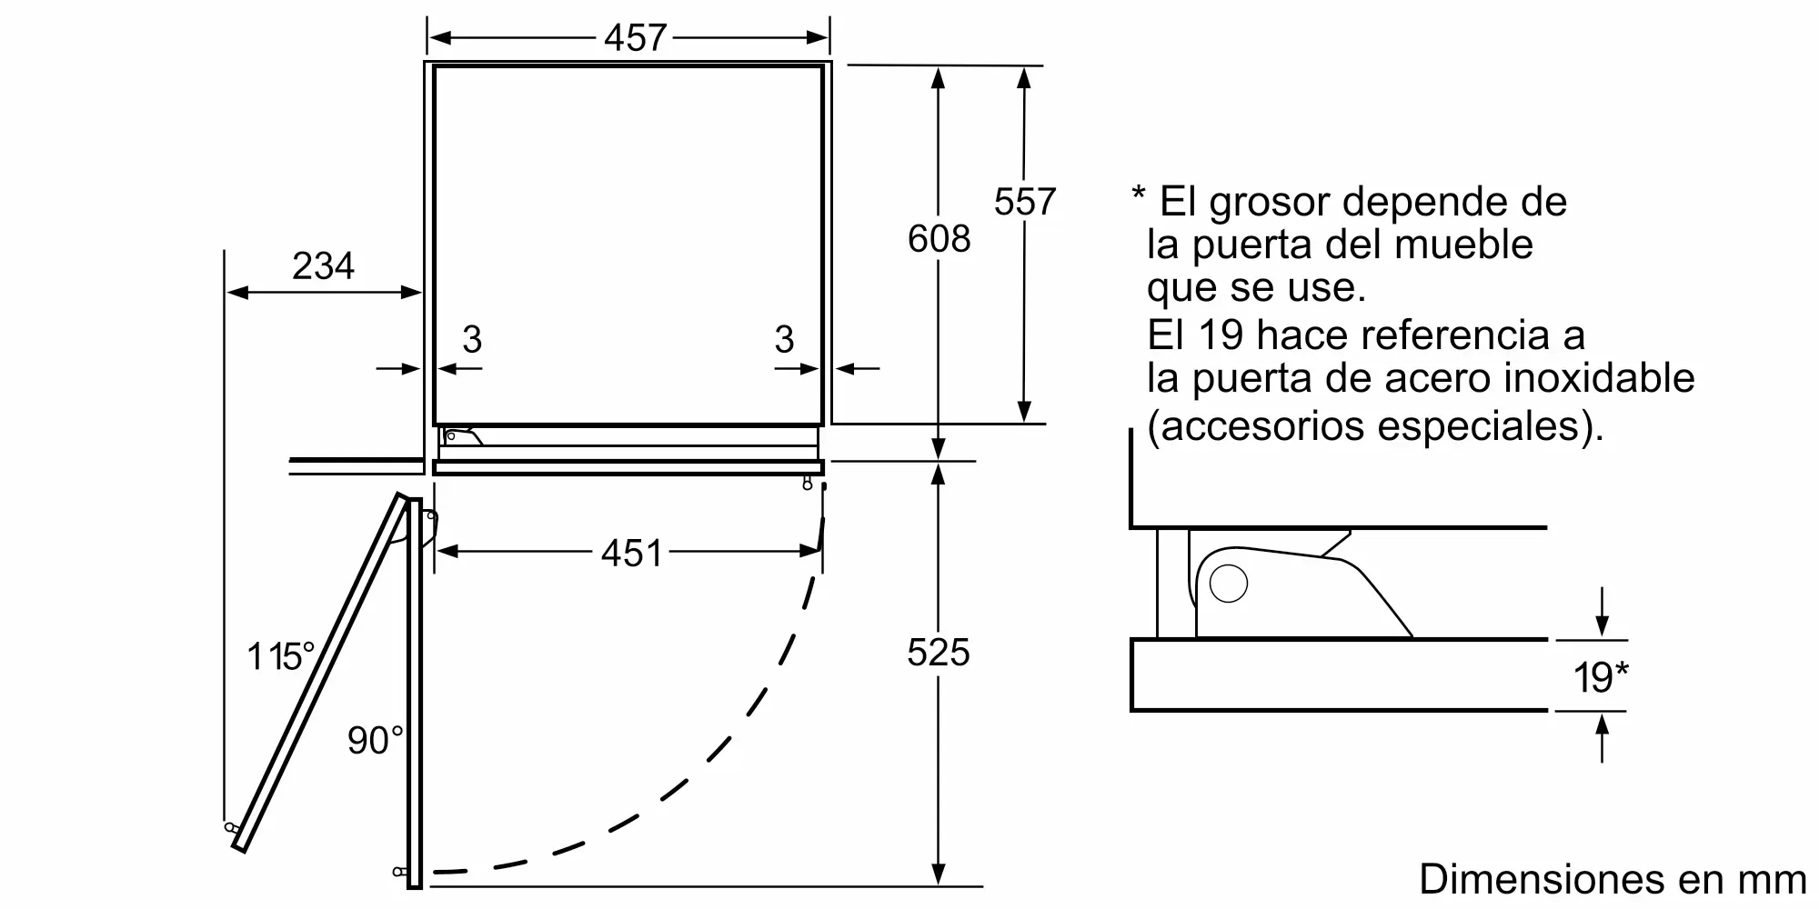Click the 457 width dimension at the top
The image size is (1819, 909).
[x=636, y=38]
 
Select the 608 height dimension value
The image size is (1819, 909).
[x=940, y=239]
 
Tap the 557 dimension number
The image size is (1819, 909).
[x=1025, y=202]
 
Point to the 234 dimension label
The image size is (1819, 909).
[x=323, y=266]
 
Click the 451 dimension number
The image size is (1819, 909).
[x=632, y=553]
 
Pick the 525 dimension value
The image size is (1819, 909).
[x=939, y=653]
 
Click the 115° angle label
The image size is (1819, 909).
[x=281, y=656]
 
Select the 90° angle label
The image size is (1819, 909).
[x=375, y=741]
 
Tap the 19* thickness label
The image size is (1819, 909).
[x=1601, y=677]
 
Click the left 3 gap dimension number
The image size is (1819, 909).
[x=471, y=340]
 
